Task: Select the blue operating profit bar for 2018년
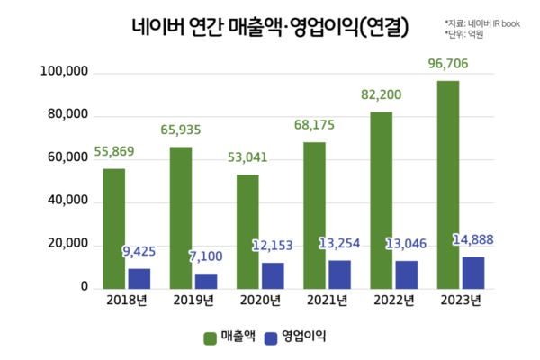139,278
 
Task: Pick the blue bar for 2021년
340,274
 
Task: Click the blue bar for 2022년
407,274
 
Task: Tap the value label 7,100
187,258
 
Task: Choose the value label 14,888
473,241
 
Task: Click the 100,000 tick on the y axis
63,72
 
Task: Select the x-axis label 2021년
327,301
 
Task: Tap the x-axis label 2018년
125,301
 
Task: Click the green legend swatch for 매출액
211,337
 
